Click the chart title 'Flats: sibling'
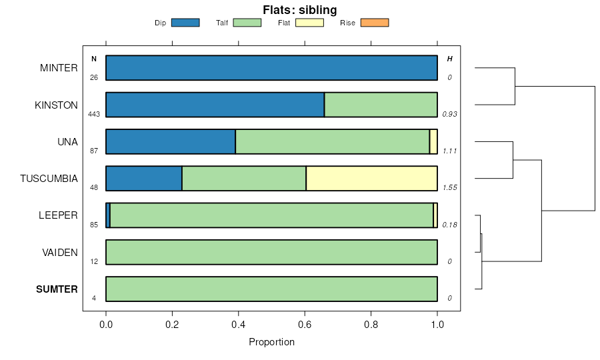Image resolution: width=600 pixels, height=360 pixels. point(299,10)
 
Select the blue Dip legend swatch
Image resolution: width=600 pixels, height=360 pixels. point(185,23)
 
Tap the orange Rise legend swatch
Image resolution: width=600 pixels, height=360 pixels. point(374,23)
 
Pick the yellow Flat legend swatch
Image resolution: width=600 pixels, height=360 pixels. point(309,23)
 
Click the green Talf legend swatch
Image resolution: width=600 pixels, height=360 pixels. point(247,23)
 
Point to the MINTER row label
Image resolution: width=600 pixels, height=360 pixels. point(59,68)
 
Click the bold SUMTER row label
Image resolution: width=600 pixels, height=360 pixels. point(57,289)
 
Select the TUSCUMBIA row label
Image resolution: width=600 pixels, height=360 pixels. point(49,179)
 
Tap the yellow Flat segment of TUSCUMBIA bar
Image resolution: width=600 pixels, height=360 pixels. point(371,179)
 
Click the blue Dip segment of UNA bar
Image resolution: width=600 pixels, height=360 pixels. point(171,142)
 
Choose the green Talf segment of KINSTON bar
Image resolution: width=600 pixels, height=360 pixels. point(381,105)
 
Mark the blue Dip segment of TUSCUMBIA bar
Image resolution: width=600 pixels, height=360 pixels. point(144,179)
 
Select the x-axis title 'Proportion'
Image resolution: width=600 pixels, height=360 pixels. point(271,343)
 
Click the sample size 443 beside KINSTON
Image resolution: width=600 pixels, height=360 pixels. point(94,114)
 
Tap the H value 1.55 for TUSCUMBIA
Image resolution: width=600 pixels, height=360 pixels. point(449,188)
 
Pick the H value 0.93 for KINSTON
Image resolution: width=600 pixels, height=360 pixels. point(449,114)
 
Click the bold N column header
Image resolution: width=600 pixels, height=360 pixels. point(94,59)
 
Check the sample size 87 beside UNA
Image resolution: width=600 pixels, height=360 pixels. point(94,151)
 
